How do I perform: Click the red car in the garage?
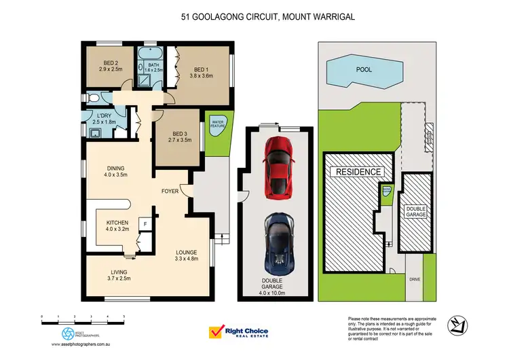pos(278,165)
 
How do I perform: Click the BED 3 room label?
pos(180,137)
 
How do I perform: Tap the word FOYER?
pos(170,192)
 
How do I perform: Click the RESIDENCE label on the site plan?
pos(356,172)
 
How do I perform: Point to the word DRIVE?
pos(413,278)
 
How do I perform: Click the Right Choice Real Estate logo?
pos(238,332)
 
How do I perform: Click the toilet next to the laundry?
pos(94,98)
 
